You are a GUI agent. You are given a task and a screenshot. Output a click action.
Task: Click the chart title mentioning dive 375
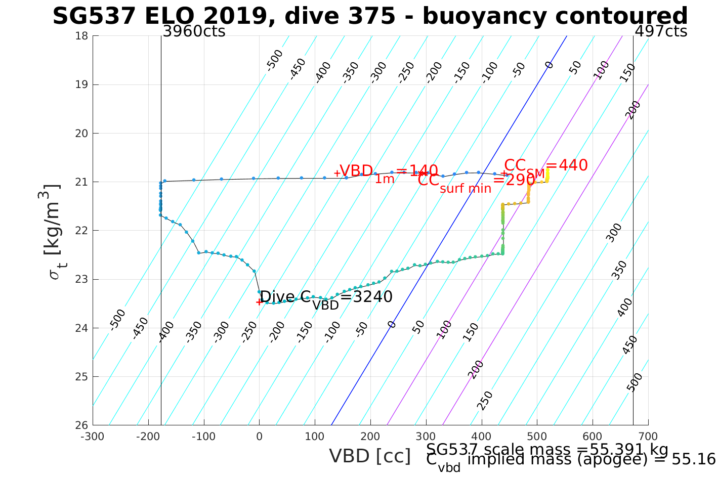click(370, 16)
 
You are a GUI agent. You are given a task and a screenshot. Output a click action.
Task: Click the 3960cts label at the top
click(194, 31)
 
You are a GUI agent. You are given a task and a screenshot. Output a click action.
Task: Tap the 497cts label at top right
click(661, 31)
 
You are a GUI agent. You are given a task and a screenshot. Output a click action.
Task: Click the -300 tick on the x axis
click(93, 437)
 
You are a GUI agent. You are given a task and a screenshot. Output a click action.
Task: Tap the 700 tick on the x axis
click(648, 437)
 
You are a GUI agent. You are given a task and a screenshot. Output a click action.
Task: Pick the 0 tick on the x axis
click(259, 437)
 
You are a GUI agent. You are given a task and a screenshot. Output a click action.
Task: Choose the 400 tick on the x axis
click(481, 437)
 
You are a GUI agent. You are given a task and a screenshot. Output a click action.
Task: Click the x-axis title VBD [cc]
click(370, 456)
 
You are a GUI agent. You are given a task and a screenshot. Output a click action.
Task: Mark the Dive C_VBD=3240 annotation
click(326, 298)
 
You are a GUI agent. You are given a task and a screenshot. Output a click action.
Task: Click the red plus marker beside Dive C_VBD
click(259, 302)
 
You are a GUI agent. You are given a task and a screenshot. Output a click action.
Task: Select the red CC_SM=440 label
click(545, 166)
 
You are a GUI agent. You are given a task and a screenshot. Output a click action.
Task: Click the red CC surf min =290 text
click(476, 182)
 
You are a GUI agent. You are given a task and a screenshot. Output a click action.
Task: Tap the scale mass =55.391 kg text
click(547, 450)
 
